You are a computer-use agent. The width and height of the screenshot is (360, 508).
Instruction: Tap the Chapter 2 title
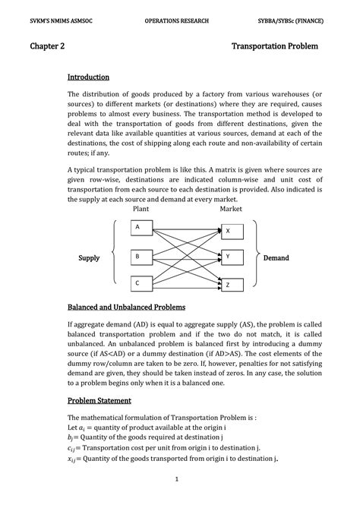coord(47,47)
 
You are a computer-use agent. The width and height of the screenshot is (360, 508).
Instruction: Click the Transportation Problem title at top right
coord(274,47)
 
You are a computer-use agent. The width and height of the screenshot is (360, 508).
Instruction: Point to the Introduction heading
coord(88,77)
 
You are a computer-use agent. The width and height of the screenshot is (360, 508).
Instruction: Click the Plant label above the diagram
coord(141,208)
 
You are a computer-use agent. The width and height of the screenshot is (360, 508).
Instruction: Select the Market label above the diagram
coord(231,208)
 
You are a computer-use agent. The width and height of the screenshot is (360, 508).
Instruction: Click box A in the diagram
coord(141,227)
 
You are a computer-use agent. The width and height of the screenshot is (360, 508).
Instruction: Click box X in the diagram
coord(232,230)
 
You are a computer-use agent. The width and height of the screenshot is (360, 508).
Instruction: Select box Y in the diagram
coord(232,257)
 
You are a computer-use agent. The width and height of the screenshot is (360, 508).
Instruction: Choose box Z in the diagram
coord(232,285)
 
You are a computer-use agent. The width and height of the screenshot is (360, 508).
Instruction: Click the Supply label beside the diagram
coord(90,258)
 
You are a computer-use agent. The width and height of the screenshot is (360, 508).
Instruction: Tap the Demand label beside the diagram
coord(276,258)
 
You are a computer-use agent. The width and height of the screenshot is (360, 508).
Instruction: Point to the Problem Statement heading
coord(99,400)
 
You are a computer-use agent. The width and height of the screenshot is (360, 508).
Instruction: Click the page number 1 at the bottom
coord(176,479)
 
